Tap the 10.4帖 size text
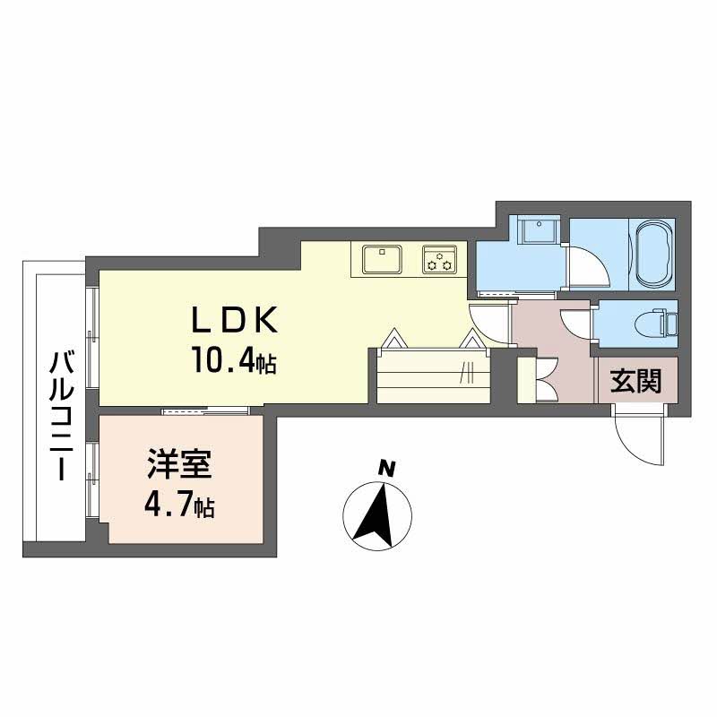(231, 362)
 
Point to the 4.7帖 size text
(179, 506)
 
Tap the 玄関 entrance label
(636, 382)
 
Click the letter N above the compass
(386, 467)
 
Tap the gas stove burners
(440, 259)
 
